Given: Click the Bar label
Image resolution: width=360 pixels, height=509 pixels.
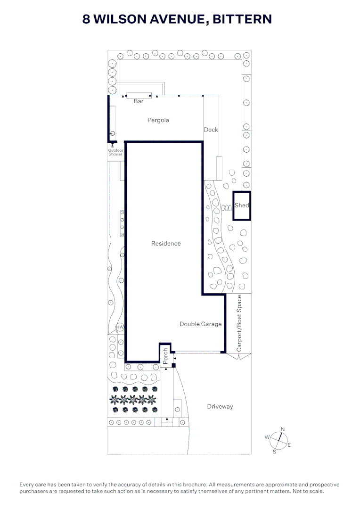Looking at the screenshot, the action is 139,101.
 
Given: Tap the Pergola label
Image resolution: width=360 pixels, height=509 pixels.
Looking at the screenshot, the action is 158,120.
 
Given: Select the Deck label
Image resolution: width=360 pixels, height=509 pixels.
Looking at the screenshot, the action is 211,130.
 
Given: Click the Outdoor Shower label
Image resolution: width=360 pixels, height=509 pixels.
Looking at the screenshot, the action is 115,152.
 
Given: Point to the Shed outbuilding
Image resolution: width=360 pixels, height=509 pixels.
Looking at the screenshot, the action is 242,206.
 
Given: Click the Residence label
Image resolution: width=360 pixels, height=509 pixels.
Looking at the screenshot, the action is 166,244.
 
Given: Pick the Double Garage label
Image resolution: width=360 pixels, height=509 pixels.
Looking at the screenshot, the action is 201,324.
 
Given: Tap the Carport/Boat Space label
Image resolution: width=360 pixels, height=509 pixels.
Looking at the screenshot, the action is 239,323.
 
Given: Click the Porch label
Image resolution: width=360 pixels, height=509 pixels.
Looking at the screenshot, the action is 165,356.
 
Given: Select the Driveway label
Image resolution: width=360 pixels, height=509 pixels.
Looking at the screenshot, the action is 220,406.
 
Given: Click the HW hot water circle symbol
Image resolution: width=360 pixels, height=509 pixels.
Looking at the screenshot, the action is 120,327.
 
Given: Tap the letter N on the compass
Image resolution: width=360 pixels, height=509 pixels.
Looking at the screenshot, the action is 283,429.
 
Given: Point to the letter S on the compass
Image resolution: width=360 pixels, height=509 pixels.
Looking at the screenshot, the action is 274,452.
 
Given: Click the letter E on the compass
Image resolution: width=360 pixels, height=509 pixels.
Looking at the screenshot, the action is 289,445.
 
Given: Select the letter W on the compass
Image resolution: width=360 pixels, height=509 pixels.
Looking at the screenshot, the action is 267,437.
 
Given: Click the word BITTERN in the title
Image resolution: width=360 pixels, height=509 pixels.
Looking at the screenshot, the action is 242,19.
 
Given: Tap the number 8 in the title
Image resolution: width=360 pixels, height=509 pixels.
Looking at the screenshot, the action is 86,19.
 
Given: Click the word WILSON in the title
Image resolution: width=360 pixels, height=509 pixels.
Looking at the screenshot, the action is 120,19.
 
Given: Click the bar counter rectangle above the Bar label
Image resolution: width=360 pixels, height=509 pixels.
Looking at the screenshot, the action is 139,95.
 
